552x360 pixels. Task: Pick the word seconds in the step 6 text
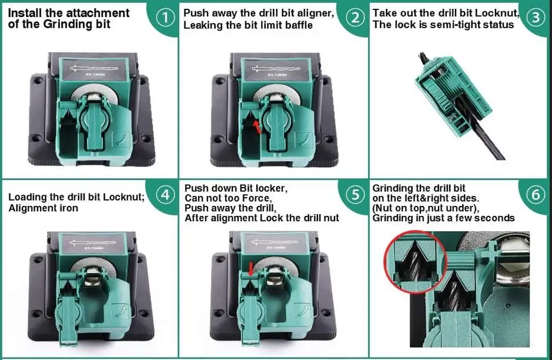click(x=494, y=218)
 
